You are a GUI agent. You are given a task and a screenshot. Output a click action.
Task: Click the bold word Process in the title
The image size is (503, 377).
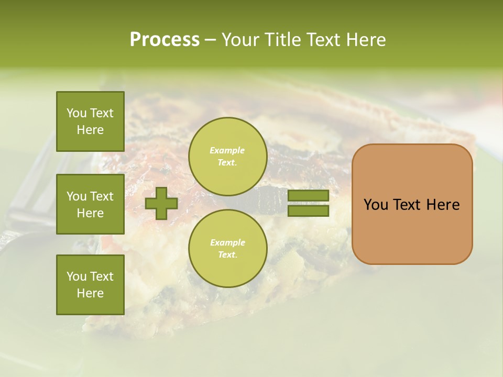(165, 40)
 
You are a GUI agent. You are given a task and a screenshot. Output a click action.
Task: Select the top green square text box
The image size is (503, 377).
(90, 121)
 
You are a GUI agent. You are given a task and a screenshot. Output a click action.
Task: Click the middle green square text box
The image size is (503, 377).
(90, 204)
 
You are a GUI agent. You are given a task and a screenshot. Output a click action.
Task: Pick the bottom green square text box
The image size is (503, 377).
(90, 285)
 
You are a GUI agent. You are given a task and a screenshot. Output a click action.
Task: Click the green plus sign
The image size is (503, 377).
(161, 203)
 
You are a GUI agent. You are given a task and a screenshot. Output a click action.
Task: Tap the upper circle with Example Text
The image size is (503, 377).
(227, 156)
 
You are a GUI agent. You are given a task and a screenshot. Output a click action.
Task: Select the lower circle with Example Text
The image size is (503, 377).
(227, 248)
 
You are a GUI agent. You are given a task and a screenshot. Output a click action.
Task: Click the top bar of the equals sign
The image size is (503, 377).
(308, 195)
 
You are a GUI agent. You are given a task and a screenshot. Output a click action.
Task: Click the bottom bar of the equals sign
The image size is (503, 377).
(308, 211)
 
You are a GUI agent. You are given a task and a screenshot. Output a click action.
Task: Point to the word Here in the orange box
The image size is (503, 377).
(443, 205)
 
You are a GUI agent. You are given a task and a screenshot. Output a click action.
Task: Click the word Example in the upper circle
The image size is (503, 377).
(227, 150)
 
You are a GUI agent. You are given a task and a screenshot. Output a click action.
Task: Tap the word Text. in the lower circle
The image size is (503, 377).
(227, 255)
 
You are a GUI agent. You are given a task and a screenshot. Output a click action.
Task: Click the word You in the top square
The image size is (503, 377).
(76, 113)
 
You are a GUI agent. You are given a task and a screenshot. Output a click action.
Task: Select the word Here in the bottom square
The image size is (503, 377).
(90, 293)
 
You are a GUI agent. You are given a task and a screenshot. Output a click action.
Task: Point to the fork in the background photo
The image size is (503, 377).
(26, 199)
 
